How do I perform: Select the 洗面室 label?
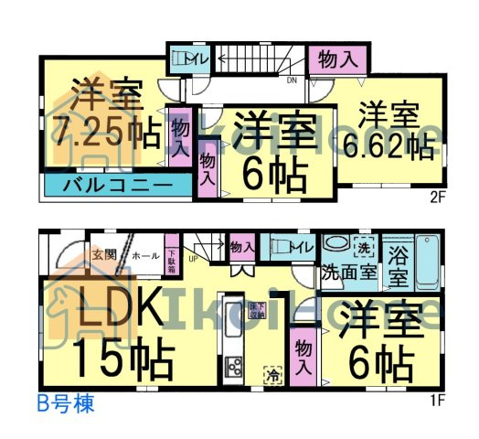point(349,272)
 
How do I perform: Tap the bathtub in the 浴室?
point(427,261)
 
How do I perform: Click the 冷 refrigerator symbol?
point(271,374)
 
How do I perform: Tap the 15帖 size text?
point(122,359)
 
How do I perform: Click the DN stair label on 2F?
point(292,80)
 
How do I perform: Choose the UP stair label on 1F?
point(192,260)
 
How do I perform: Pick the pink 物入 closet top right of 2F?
point(336,59)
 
